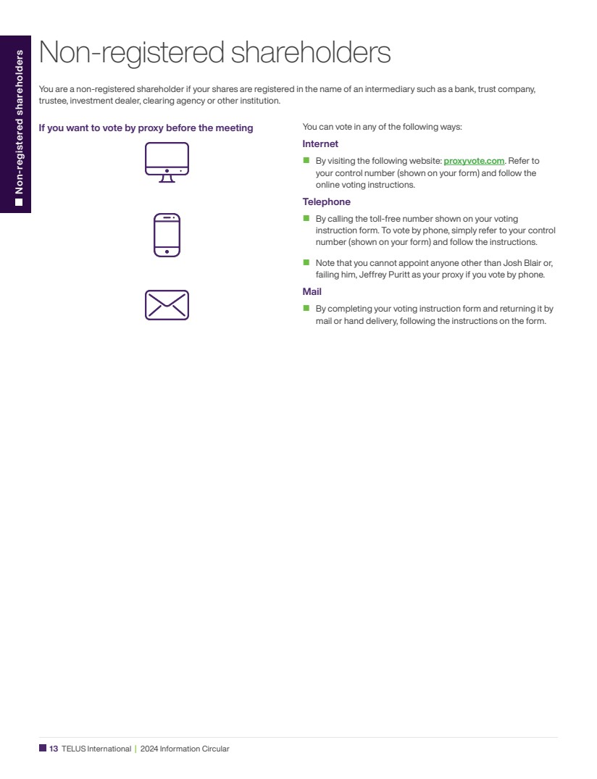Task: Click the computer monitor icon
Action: click(x=167, y=162)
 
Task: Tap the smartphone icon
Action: click(x=167, y=235)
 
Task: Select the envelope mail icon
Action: click(x=167, y=305)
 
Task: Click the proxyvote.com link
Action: click(x=473, y=161)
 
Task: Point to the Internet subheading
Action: click(x=320, y=144)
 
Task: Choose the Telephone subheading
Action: click(x=326, y=202)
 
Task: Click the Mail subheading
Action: click(x=312, y=292)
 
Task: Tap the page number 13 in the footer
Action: click(x=54, y=749)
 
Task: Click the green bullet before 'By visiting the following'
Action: click(x=306, y=160)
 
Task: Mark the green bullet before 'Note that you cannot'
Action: click(x=306, y=262)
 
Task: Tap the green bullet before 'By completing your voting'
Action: click(x=306, y=308)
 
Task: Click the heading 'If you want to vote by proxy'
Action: click(x=146, y=128)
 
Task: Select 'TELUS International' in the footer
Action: click(x=96, y=749)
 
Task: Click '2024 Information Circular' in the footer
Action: click(x=185, y=749)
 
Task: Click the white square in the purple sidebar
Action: click(x=20, y=202)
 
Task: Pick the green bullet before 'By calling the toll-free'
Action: click(x=306, y=218)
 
